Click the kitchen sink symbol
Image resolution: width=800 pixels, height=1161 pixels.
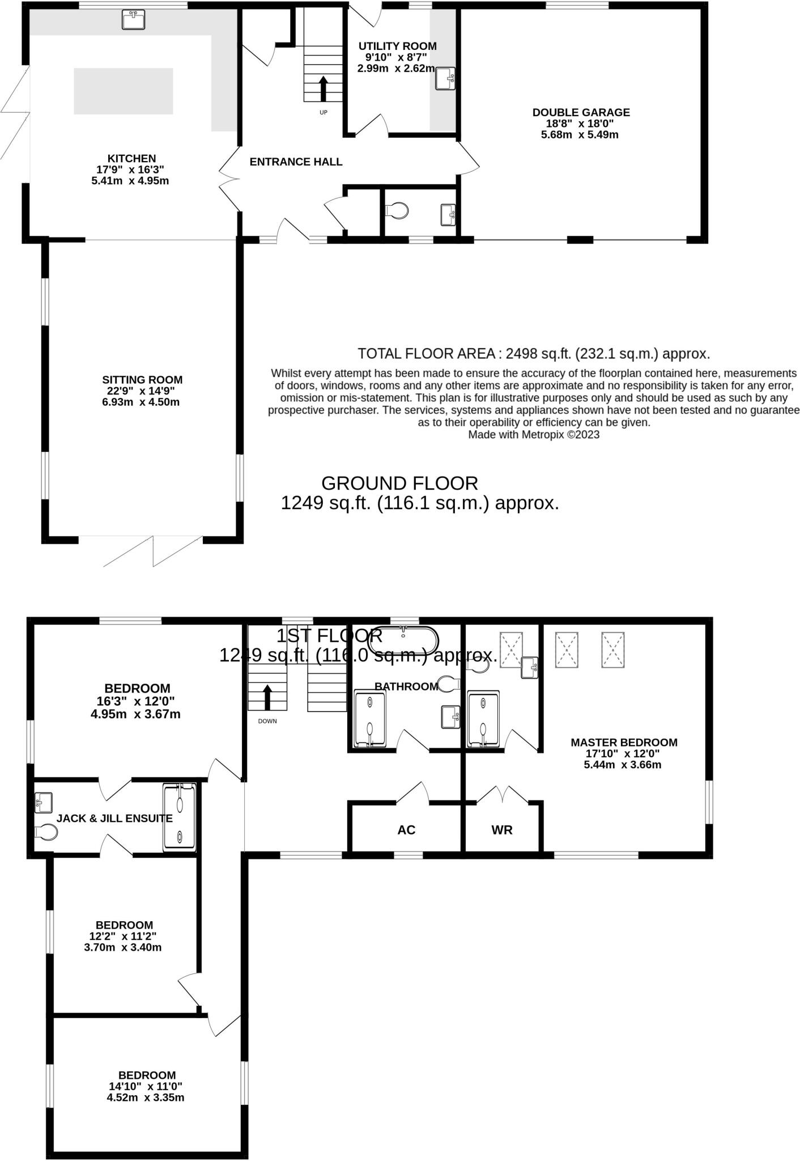coord(134,19)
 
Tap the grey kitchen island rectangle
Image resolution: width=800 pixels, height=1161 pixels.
coord(123,91)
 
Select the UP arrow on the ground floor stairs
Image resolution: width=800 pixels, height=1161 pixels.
coord(324,88)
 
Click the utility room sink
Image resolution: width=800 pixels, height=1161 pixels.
coord(445,78)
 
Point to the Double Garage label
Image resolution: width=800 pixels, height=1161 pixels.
coord(581,112)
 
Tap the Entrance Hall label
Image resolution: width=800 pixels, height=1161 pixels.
coord(296,162)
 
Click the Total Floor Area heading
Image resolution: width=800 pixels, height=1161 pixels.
coord(534,354)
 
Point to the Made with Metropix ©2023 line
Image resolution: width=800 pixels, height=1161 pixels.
coord(534,435)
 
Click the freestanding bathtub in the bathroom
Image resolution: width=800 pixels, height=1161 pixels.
coord(403,640)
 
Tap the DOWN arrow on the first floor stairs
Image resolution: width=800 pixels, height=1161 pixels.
coord(267,697)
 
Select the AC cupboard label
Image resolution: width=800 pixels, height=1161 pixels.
coord(406,830)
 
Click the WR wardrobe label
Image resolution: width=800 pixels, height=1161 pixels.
coord(502,830)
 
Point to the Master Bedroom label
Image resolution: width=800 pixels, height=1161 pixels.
coord(624,742)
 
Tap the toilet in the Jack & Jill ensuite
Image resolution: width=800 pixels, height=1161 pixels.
coord(45,832)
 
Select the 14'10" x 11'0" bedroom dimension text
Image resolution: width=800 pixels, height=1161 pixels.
coord(146,1086)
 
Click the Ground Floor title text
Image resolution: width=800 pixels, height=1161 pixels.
coord(399,483)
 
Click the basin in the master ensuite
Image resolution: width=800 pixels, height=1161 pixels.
coord(529,667)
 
